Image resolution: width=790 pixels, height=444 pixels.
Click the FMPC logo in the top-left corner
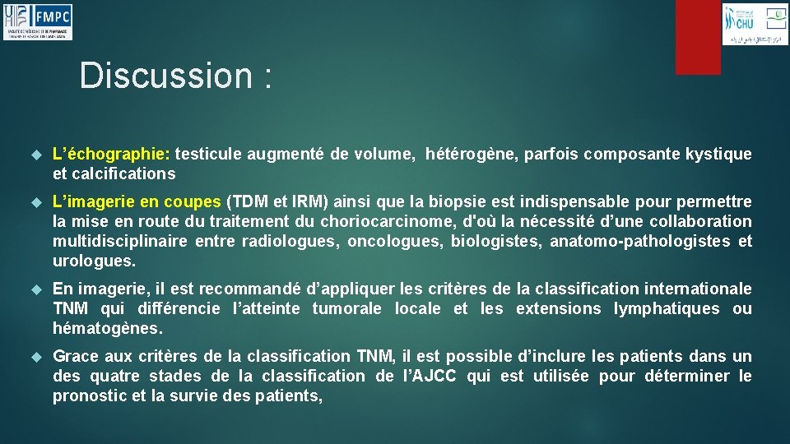pyautogui.click(x=38, y=21)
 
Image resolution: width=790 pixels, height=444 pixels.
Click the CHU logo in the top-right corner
pyautogui.click(x=755, y=24)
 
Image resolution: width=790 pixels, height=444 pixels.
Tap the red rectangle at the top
pyautogui.click(x=698, y=37)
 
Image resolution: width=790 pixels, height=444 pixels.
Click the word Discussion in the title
pyautogui.click(x=165, y=76)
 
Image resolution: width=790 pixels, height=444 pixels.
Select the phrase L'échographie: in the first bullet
pyautogui.click(x=111, y=154)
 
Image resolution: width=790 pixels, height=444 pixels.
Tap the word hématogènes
pyautogui.click(x=107, y=328)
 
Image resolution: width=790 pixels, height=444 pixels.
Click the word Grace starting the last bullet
pyautogui.click(x=74, y=356)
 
